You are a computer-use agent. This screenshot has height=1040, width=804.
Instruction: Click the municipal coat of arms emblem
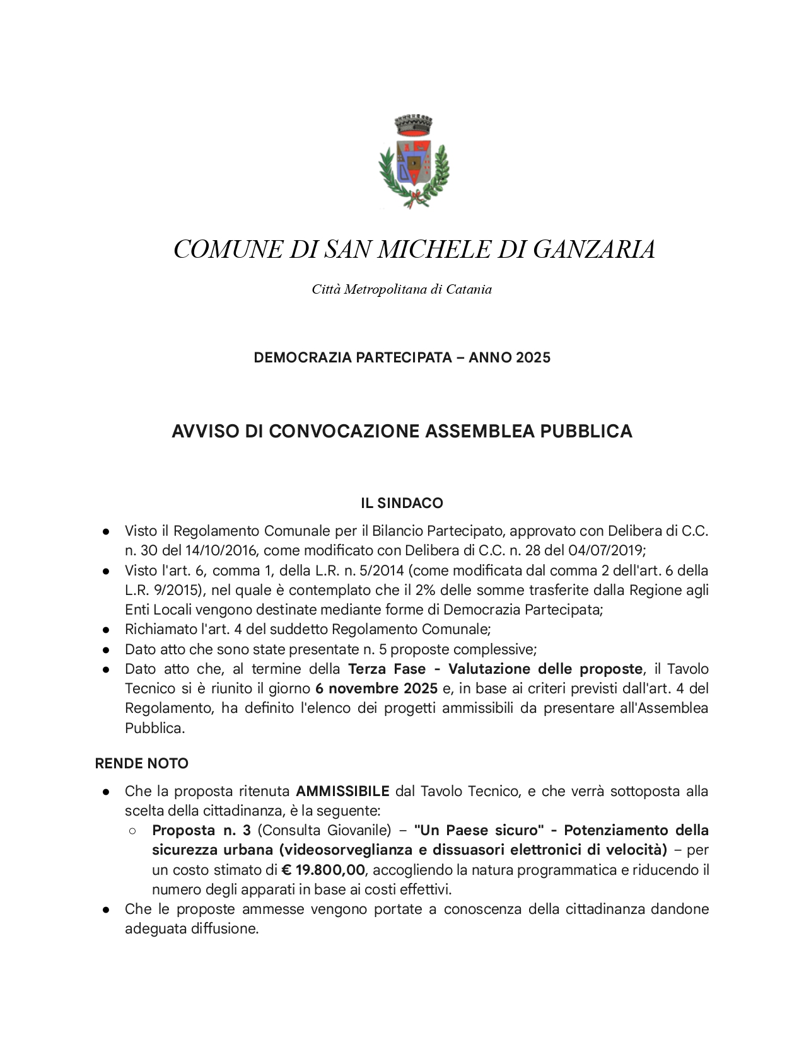[414, 161]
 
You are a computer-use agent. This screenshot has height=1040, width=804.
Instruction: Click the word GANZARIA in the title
[594, 250]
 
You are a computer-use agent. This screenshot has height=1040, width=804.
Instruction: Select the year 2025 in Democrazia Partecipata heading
[533, 358]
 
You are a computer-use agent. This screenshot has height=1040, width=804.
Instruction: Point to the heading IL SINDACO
[402, 504]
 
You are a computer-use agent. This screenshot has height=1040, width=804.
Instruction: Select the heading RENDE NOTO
[142, 764]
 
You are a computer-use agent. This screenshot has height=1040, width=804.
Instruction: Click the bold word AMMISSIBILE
[343, 791]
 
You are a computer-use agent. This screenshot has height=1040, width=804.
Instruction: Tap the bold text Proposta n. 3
[201, 830]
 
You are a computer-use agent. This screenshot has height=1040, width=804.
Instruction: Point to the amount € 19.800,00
[323, 870]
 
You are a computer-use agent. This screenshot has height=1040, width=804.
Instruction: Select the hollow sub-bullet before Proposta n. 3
[133, 831]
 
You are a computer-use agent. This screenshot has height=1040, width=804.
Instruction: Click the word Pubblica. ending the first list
[154, 729]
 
